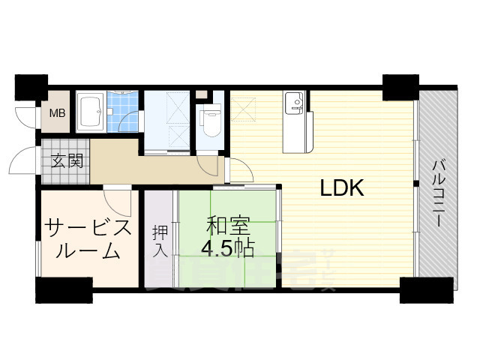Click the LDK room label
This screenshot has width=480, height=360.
click(x=342, y=189)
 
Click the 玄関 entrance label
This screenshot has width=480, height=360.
click(x=67, y=160)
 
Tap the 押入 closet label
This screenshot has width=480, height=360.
click(x=160, y=240)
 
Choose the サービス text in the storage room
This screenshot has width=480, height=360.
click(x=88, y=227)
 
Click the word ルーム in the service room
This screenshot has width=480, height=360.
click(x=88, y=252)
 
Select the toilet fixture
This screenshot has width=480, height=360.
click(x=208, y=120)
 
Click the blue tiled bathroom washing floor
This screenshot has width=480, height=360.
click(x=123, y=112)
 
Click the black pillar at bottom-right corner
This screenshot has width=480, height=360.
click(x=427, y=289)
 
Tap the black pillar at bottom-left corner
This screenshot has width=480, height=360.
click(x=63, y=289)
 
